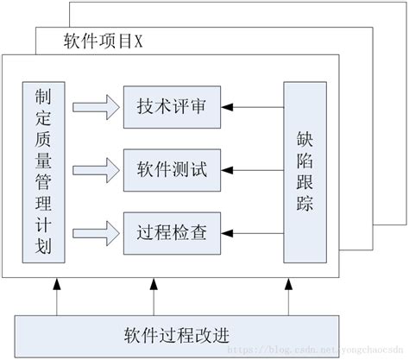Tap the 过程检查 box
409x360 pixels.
click(x=171, y=231)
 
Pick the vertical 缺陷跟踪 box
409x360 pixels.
click(x=305, y=171)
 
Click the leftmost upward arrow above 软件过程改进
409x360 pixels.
click(x=56, y=297)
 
